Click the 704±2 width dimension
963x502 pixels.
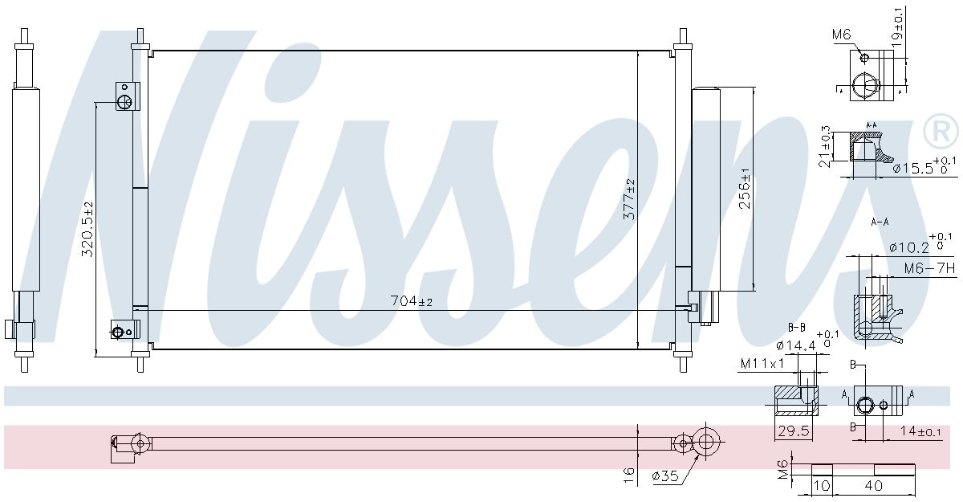pyautogui.click(x=411, y=302)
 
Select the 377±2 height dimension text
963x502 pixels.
pyautogui.click(x=630, y=199)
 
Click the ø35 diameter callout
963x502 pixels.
pyautogui.click(x=665, y=475)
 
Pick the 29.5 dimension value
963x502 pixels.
pyautogui.click(x=793, y=431)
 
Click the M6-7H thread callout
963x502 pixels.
pyautogui.click(x=929, y=269)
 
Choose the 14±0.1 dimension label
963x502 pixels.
pyautogui.click(x=920, y=432)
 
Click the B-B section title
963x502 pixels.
pyautogui.click(x=796, y=327)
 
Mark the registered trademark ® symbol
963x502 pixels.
pyautogui.click(x=941, y=130)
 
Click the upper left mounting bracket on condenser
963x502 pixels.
pyautogui.click(x=126, y=96)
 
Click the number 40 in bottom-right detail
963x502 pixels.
pyautogui.click(x=874, y=486)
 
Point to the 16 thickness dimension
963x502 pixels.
pyautogui.click(x=629, y=474)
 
